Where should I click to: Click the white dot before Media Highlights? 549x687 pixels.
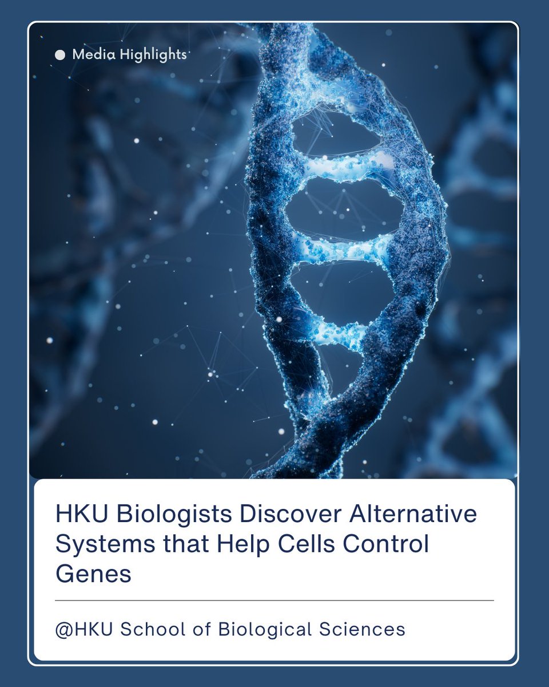point(60,55)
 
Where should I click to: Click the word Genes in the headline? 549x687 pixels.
point(93,574)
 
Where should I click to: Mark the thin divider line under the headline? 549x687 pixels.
point(274,601)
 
